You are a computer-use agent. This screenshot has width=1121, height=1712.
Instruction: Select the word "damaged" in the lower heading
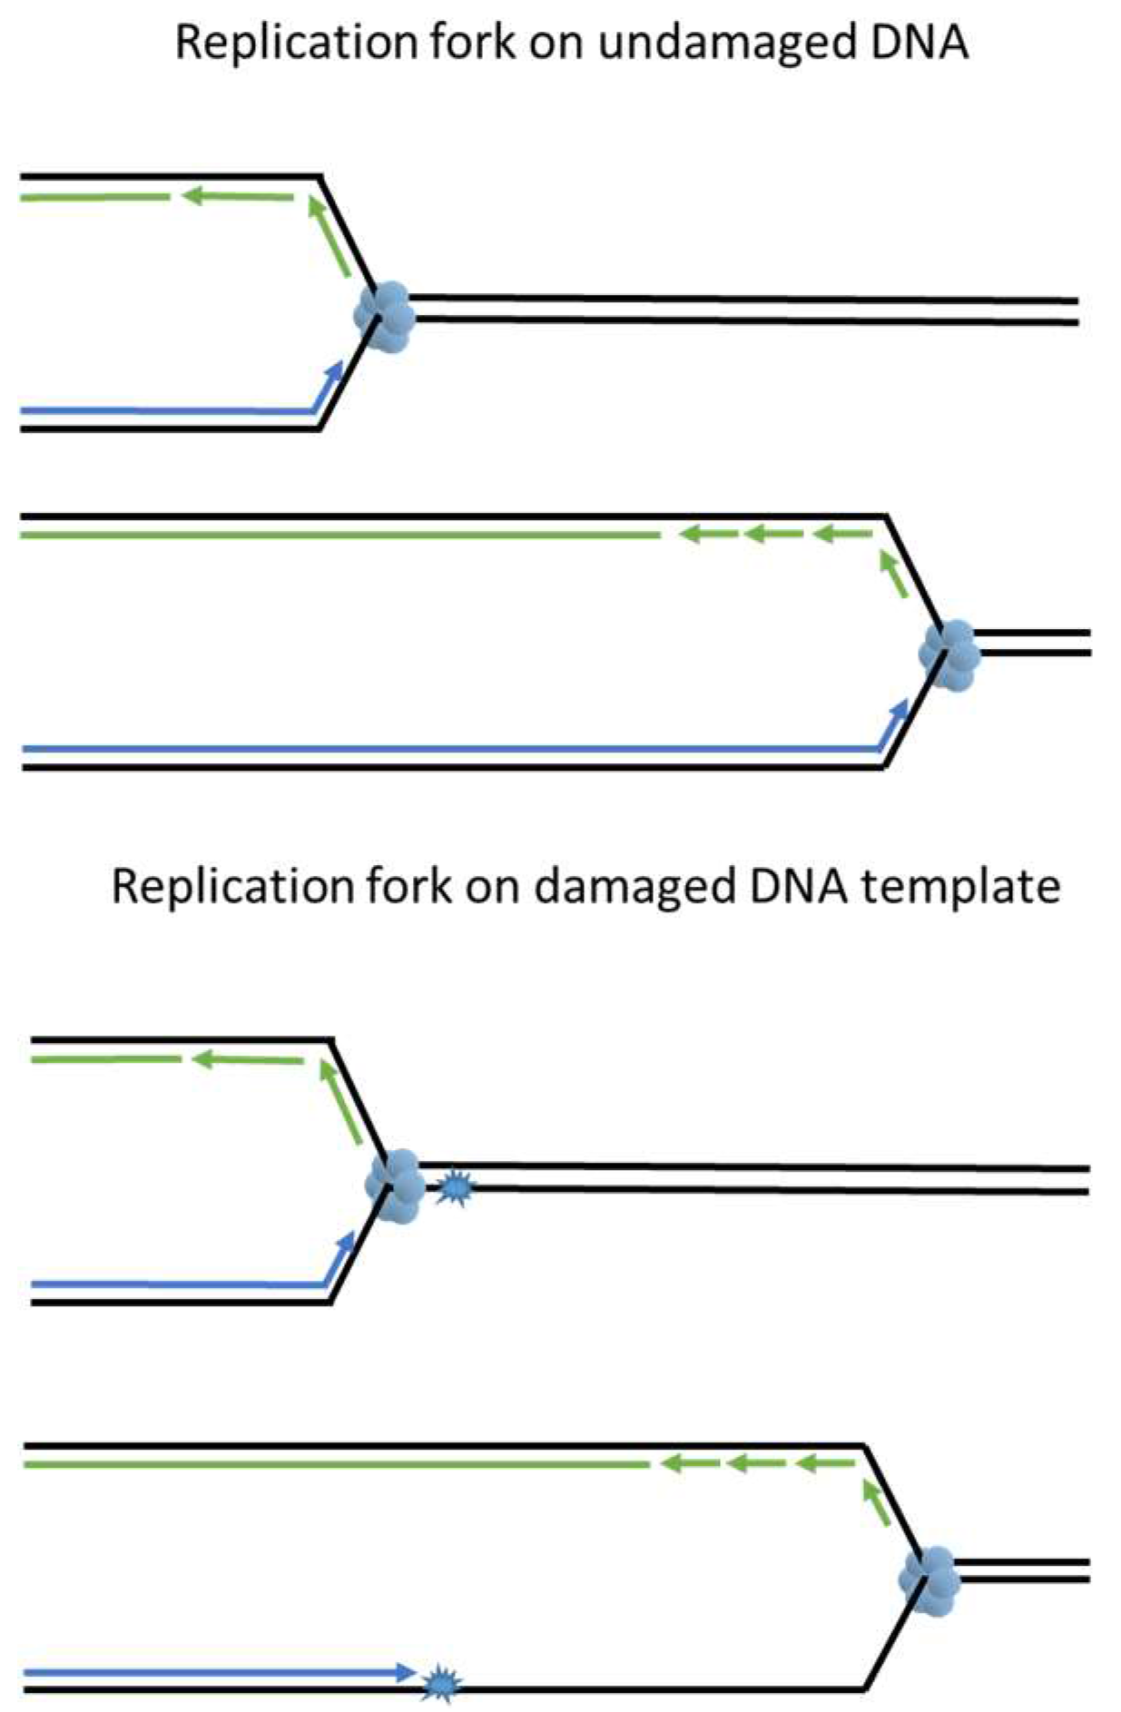634,887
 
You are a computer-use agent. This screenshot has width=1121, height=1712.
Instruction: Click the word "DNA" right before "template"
800,885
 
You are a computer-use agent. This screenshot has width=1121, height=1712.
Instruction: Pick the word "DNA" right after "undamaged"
919,43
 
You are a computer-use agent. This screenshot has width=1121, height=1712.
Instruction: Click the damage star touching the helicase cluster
454,1187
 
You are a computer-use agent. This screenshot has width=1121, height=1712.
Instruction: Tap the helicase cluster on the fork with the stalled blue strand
929,1580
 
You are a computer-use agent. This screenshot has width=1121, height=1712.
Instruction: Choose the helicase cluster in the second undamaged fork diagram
949,654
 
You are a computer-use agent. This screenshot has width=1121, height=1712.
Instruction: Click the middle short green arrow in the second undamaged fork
772,534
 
